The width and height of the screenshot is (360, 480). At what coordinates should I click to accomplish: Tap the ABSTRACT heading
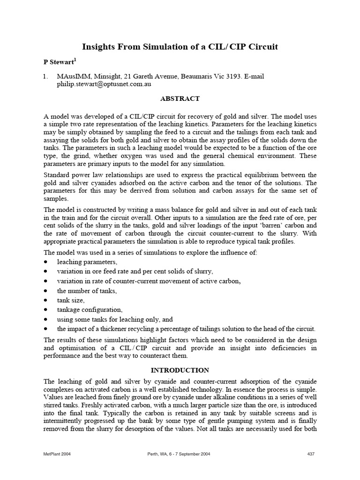tap(180, 98)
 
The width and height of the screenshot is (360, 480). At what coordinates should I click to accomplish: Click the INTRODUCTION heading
tap(180, 370)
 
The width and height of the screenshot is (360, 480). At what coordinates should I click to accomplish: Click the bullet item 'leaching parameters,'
tap(87, 262)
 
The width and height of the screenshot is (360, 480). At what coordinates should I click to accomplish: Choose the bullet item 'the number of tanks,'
tap(87, 291)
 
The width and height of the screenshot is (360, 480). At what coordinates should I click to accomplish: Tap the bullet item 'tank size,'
tap(71, 300)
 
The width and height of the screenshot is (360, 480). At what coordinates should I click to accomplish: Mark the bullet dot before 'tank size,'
tap(46, 300)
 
